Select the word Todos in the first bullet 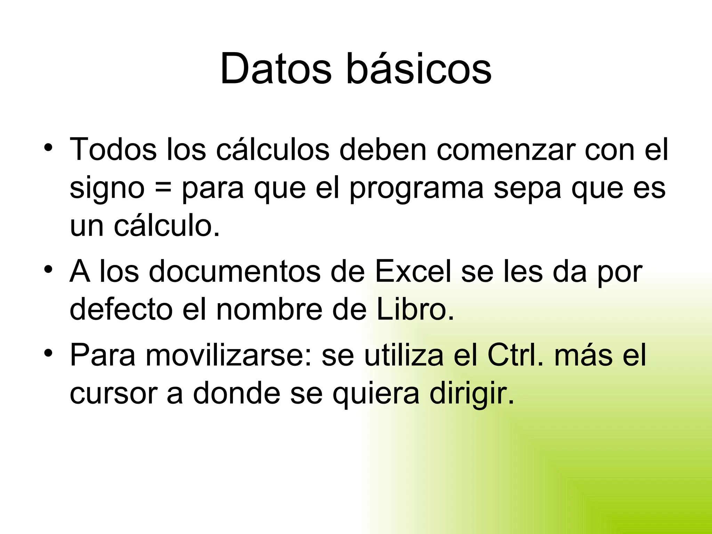coord(113,149)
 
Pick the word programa coord(416,189)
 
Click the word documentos coord(235,271)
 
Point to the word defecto coord(121,309)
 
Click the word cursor coord(113,394)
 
